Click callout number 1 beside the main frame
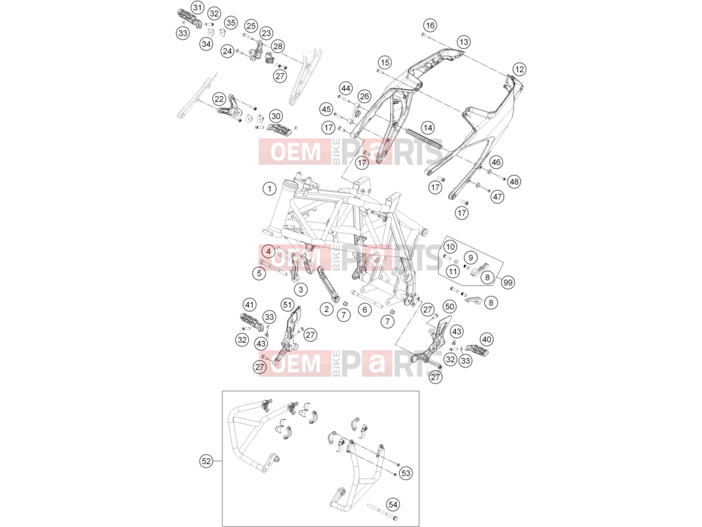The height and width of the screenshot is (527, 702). (x=269, y=189)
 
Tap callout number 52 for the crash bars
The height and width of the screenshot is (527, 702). (x=206, y=461)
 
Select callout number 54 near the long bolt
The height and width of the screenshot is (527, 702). (x=392, y=504)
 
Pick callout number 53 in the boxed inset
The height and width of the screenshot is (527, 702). (x=406, y=473)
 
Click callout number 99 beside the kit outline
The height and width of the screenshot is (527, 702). (x=507, y=282)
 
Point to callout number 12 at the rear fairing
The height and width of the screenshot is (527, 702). (x=519, y=69)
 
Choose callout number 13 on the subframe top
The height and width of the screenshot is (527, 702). (x=463, y=42)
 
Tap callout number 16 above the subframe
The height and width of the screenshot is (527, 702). (x=430, y=25)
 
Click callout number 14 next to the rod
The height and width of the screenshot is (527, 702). (x=428, y=128)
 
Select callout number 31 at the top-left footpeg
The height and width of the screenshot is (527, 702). (x=197, y=7)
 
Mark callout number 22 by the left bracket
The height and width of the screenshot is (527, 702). (x=219, y=99)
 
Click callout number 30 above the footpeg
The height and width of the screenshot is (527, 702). (x=276, y=116)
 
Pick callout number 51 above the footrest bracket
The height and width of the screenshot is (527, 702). (x=287, y=305)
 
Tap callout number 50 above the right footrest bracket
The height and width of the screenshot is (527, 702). (x=449, y=307)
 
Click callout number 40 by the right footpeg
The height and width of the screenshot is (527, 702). (x=487, y=339)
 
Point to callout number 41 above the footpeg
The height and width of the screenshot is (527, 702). (x=249, y=305)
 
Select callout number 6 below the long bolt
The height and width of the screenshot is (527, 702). (x=365, y=310)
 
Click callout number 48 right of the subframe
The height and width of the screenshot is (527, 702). (x=514, y=181)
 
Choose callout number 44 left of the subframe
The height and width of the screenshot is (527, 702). (x=345, y=88)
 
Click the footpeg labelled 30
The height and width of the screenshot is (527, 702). (x=279, y=130)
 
